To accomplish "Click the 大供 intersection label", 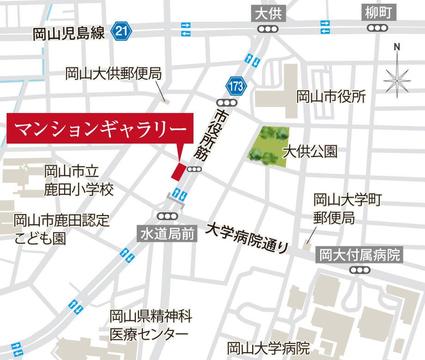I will (268, 14).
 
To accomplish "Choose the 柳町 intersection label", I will (378, 14).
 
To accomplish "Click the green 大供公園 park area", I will (268, 146).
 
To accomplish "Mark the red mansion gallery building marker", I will (178, 171).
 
